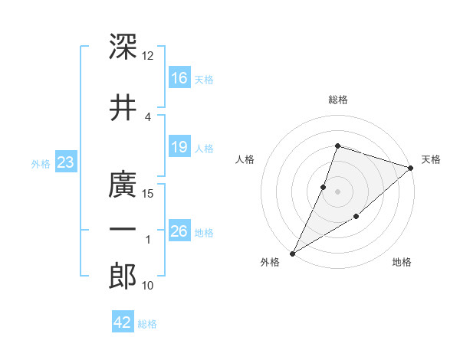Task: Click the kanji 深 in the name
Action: click(x=123, y=46)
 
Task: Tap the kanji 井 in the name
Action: click(x=123, y=107)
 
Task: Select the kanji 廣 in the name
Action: click(x=123, y=184)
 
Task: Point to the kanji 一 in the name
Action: click(x=123, y=229)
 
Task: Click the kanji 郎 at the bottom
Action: click(x=123, y=276)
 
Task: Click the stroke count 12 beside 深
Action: click(x=147, y=56)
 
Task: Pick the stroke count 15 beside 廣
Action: click(x=147, y=194)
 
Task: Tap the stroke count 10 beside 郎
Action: click(x=147, y=286)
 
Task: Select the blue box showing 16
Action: click(x=179, y=77)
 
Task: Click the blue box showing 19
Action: click(x=179, y=146)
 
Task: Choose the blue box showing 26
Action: click(x=179, y=230)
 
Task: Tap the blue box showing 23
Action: click(x=66, y=162)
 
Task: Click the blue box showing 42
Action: click(x=123, y=321)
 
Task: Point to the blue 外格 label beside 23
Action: click(x=41, y=164)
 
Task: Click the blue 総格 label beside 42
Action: click(x=147, y=324)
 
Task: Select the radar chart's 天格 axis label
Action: click(x=431, y=159)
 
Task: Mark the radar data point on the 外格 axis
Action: click(x=292, y=254)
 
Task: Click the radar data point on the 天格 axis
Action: click(x=411, y=168)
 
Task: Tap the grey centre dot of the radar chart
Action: click(x=337, y=191)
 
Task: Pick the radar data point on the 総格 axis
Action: click(x=337, y=146)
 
